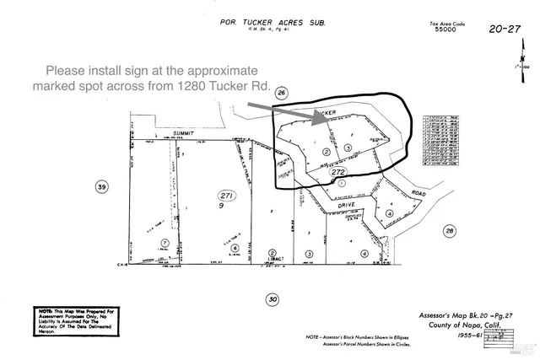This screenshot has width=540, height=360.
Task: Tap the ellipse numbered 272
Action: coord(339,172)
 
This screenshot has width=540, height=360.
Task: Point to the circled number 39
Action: coord(102,187)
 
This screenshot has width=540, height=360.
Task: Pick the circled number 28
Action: coord(450,230)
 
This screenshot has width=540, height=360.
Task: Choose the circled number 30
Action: coord(272,298)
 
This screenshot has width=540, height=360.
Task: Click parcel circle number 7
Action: coord(165,243)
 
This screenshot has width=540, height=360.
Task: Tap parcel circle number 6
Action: coord(235,248)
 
